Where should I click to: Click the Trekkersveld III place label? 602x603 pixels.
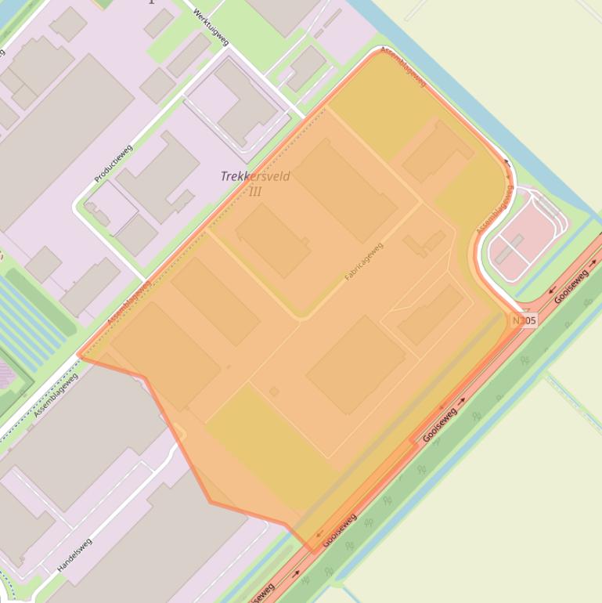pyautogui.click(x=255, y=183)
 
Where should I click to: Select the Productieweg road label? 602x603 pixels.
pyautogui.click(x=114, y=164)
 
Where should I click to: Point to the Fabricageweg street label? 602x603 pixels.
pyautogui.click(x=364, y=262)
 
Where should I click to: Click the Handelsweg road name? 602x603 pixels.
pyautogui.click(x=75, y=555)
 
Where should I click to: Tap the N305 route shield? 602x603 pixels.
pyautogui.click(x=524, y=321)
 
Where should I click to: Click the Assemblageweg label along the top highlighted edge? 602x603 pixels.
pyautogui.click(x=403, y=67)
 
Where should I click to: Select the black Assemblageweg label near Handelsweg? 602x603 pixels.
pyautogui.click(x=56, y=395)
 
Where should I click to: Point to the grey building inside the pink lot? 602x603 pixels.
pyautogui.click(x=510, y=250)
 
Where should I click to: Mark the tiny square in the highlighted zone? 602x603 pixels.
pyautogui.click(x=274, y=391)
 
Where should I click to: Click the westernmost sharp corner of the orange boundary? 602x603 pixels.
pyautogui.click(x=78, y=356)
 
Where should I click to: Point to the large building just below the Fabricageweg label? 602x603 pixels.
pyautogui.click(x=356, y=365)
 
